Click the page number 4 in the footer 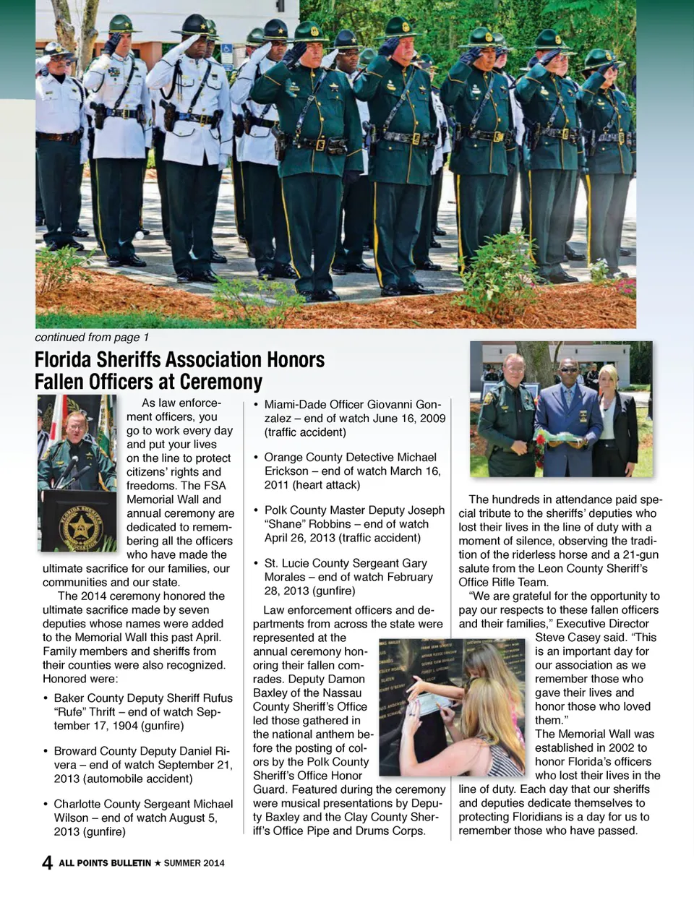point(47,862)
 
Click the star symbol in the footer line point(158,863)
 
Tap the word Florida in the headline point(63,360)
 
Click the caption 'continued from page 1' point(92,338)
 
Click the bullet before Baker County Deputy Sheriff point(46,698)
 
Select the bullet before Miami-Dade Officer point(256,405)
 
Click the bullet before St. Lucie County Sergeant point(256,563)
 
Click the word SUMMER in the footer point(184,863)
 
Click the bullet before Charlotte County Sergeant point(46,805)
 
